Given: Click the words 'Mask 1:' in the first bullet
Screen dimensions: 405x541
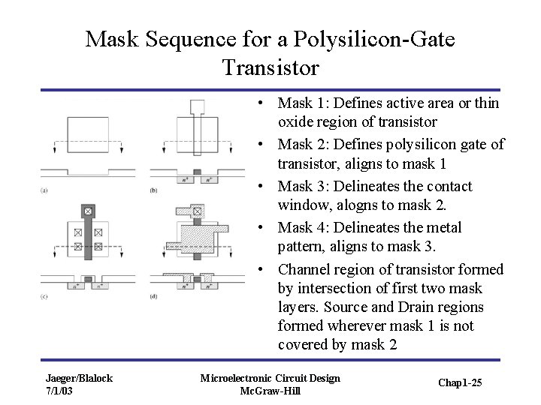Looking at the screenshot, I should point(298,103).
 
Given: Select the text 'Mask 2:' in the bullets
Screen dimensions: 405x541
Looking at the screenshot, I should point(298,144).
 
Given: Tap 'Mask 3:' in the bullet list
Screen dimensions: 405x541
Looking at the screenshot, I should point(298,185).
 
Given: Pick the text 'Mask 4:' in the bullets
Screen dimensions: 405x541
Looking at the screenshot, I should point(298,227).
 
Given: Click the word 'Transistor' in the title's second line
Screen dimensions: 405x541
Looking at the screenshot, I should point(270,68).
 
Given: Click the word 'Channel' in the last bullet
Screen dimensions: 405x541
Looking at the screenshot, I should point(303,268).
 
